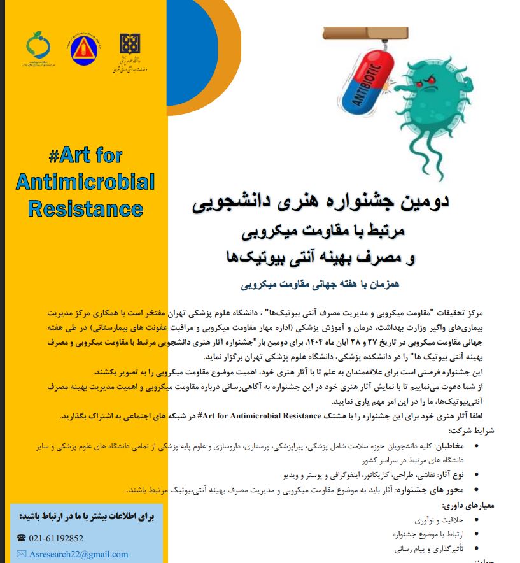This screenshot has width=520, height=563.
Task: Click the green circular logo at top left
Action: click(x=38, y=46)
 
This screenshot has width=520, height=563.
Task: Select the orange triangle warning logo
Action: click(x=82, y=50)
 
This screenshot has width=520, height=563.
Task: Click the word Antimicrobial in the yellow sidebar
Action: click(x=85, y=182)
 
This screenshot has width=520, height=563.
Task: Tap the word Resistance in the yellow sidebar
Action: click(x=85, y=208)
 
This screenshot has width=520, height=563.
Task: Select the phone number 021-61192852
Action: click(x=56, y=538)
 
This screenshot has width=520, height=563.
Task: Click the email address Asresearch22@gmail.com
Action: click(x=78, y=554)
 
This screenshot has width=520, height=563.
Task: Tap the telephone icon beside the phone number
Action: click(x=21, y=538)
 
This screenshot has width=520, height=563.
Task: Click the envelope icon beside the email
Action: click(x=22, y=554)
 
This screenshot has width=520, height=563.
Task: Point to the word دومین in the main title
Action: click(x=421, y=202)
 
